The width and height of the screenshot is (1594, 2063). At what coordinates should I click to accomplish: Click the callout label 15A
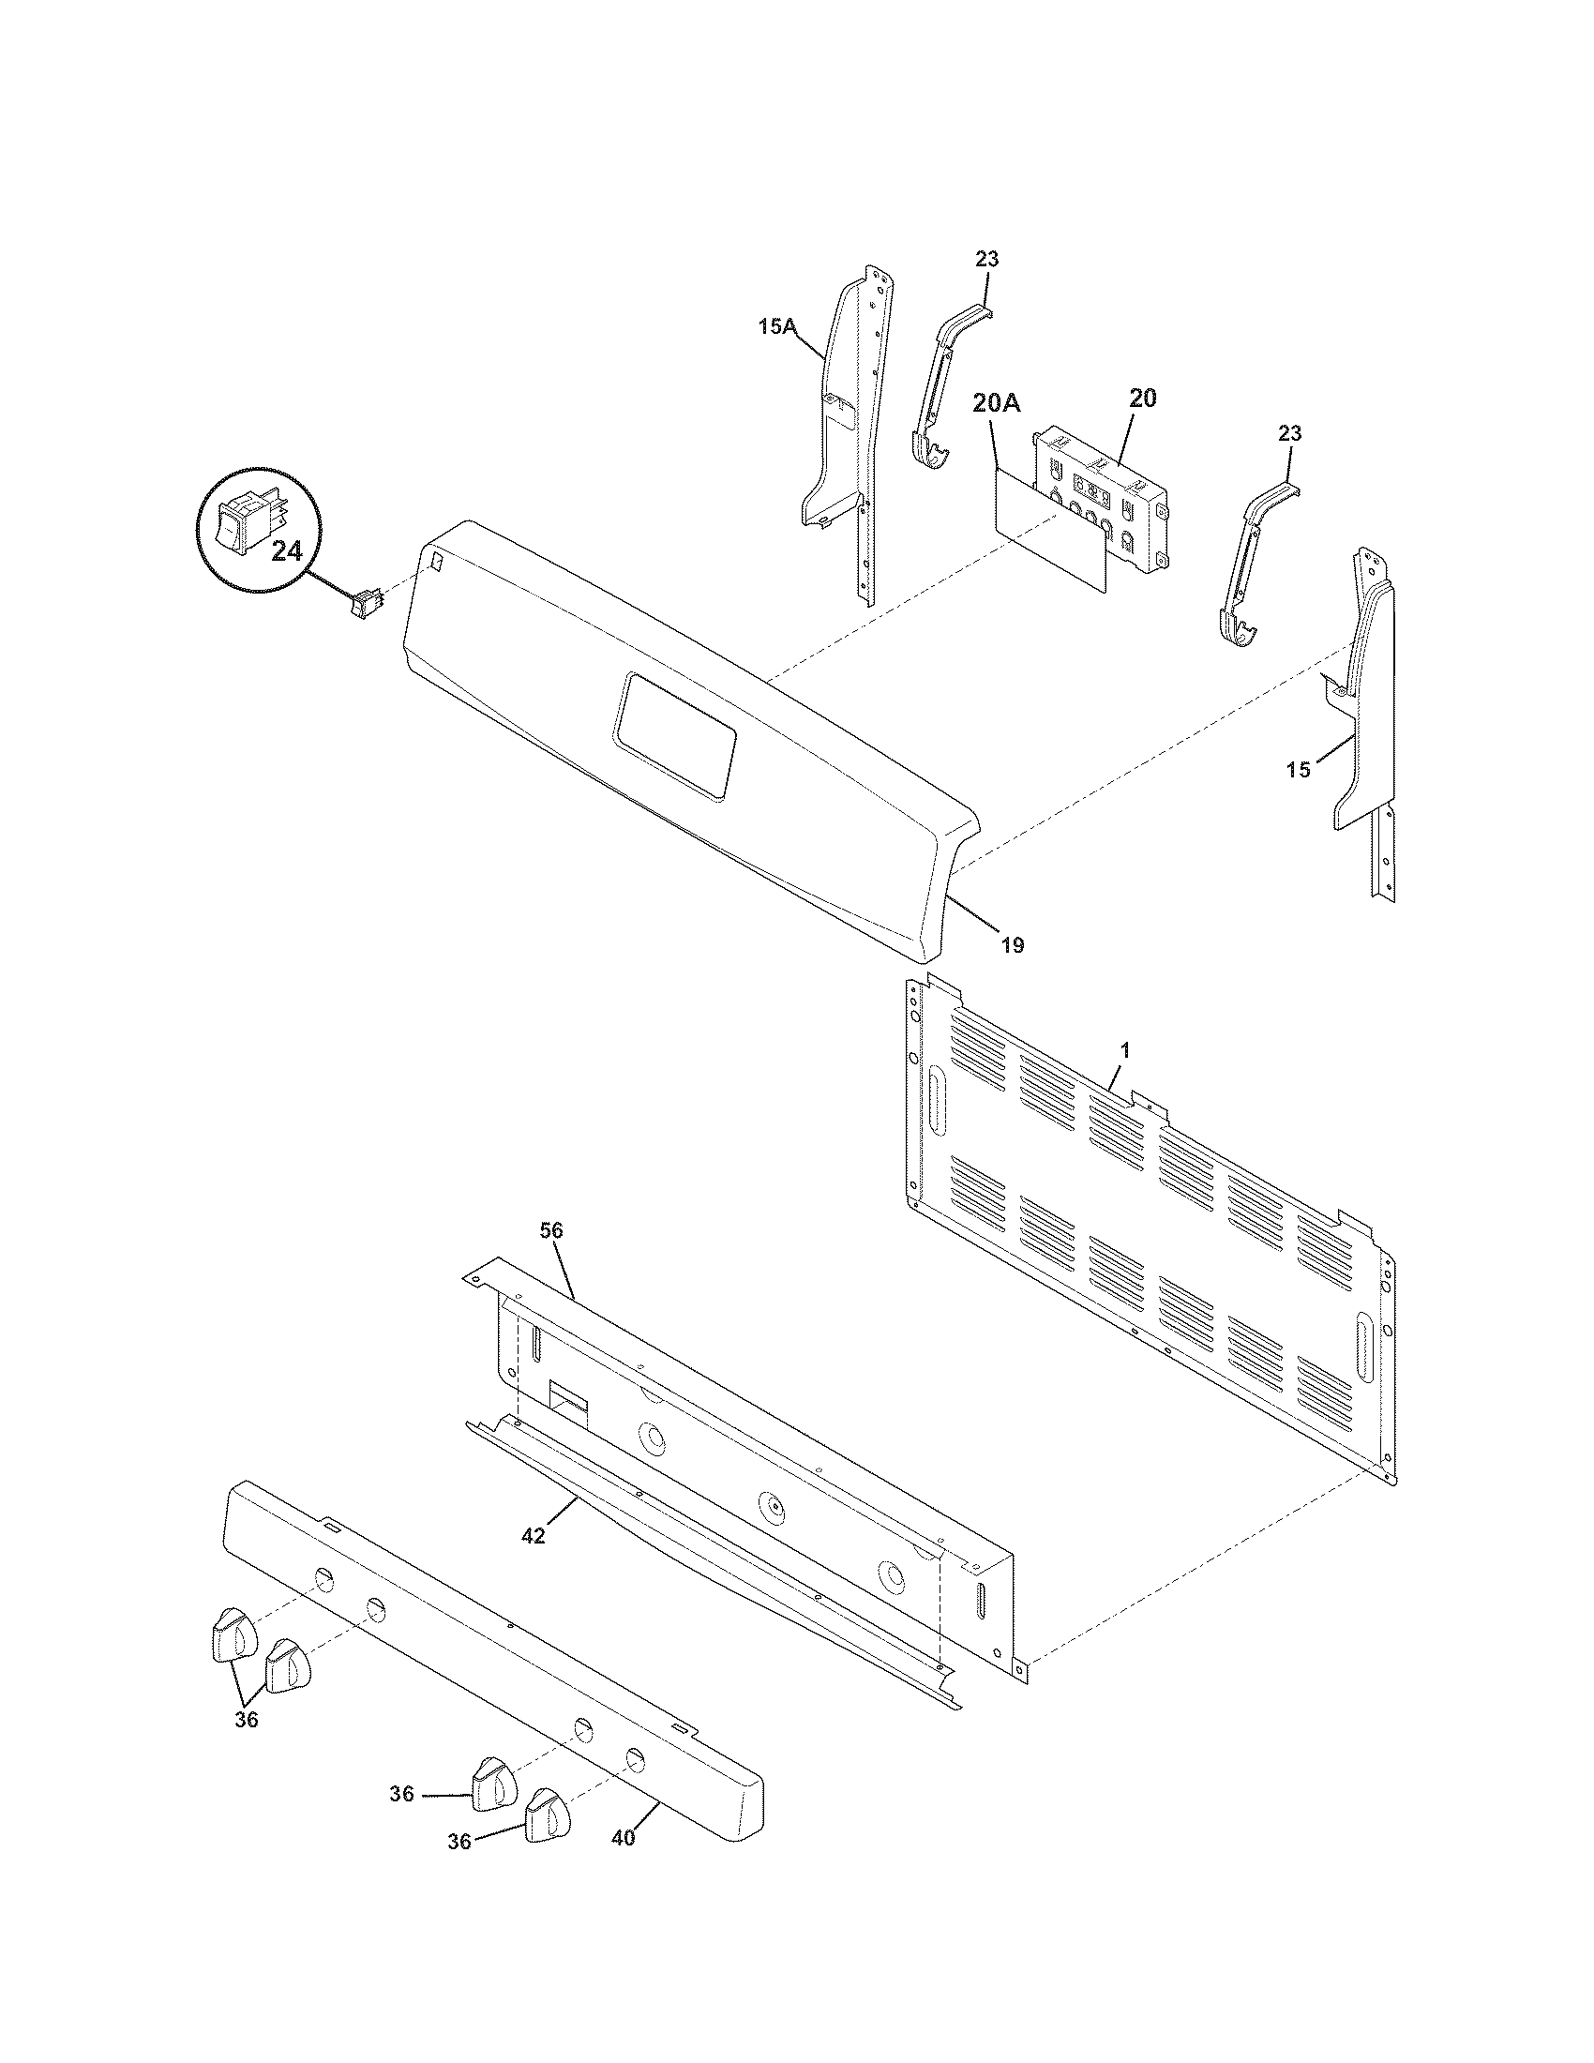pyautogui.click(x=776, y=327)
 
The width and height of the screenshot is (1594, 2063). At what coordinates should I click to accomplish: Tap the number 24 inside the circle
pyautogui.click(x=286, y=551)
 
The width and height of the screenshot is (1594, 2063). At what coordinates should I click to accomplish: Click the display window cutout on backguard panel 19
pyautogui.click(x=674, y=738)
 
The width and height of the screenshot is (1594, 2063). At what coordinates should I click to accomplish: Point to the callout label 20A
pyautogui.click(x=996, y=404)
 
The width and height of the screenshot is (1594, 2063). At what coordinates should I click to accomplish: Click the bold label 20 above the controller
pyautogui.click(x=1142, y=399)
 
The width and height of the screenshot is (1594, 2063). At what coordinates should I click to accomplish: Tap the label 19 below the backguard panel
pyautogui.click(x=1012, y=944)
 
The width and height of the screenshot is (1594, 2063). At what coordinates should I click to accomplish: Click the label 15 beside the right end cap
pyautogui.click(x=1299, y=770)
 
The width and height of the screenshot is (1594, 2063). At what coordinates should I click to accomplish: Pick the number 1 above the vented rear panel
pyautogui.click(x=1124, y=1049)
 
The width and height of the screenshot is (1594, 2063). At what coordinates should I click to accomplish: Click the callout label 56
pyautogui.click(x=552, y=1230)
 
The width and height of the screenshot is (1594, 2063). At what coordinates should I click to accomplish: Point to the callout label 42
pyautogui.click(x=534, y=1537)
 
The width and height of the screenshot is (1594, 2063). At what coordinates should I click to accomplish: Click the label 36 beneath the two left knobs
pyautogui.click(x=246, y=1720)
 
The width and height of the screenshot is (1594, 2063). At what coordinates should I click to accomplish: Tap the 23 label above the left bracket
pyautogui.click(x=987, y=258)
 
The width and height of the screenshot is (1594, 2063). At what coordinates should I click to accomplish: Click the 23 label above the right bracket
pyautogui.click(x=1290, y=433)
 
